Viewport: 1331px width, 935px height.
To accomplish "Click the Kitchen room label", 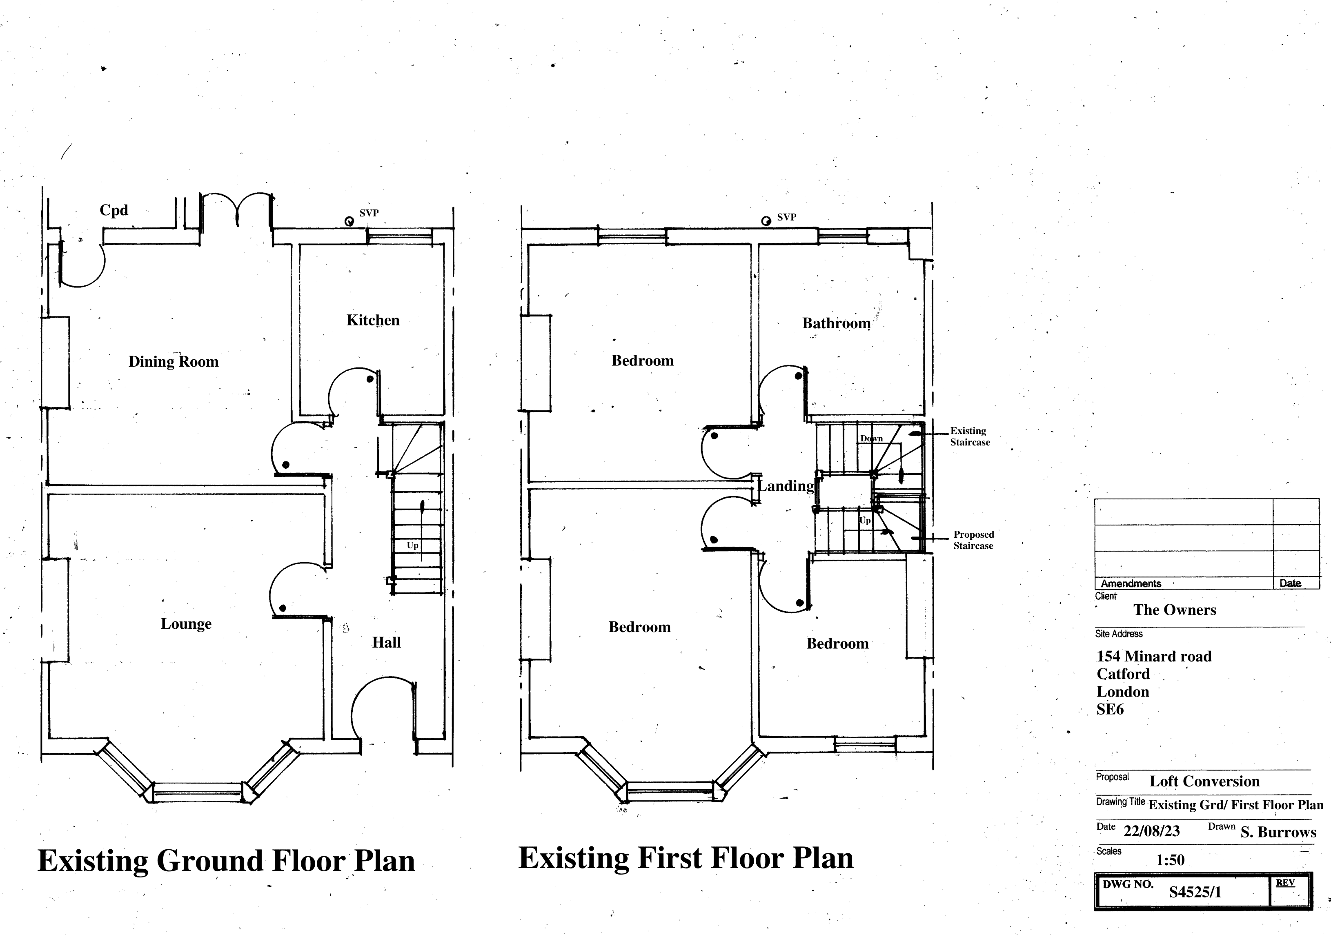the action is click(x=373, y=320).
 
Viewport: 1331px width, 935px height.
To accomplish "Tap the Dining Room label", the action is click(x=174, y=362).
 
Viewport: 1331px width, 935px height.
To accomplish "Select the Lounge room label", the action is click(x=186, y=624).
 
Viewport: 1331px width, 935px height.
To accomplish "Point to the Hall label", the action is click(x=387, y=642).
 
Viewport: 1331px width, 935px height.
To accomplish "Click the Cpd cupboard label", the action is click(x=114, y=210).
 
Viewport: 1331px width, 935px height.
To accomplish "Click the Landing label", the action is click(x=786, y=486).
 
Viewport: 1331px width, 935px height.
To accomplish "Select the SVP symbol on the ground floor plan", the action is click(x=349, y=221).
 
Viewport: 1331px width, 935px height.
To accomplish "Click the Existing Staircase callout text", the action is click(x=970, y=436).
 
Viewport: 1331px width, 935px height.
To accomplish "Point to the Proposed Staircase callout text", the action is click(x=974, y=540).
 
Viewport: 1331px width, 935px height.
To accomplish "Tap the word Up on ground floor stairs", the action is click(x=412, y=545).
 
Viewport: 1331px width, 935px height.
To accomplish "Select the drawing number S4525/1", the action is click(x=1195, y=892).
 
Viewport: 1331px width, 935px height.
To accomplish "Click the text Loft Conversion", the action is click(x=1204, y=781).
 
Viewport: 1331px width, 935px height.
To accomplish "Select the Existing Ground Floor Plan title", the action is click(x=226, y=861).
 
